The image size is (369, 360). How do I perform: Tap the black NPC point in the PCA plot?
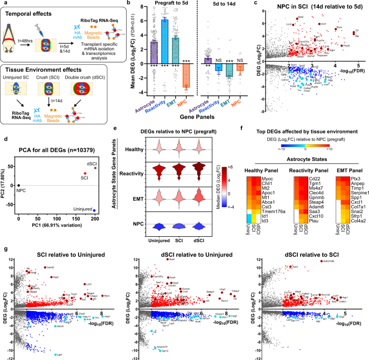coord(18,185)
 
